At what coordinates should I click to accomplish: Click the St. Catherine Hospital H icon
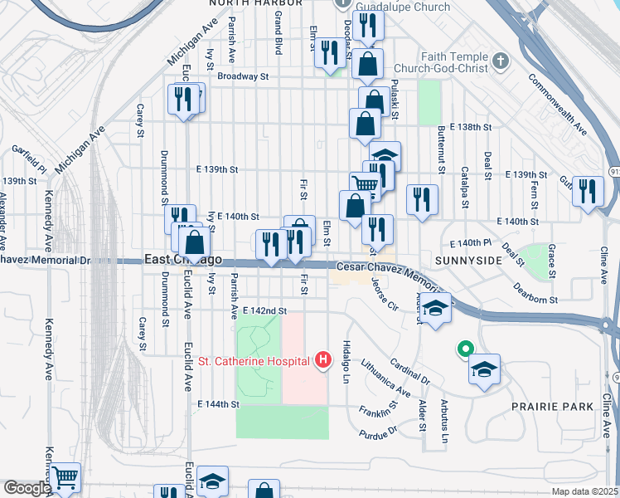(x=323, y=359)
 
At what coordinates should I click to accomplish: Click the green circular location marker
(x=465, y=349)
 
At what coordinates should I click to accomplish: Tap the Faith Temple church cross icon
(x=500, y=61)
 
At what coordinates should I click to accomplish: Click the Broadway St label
(x=244, y=76)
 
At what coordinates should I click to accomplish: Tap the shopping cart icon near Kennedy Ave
(x=65, y=477)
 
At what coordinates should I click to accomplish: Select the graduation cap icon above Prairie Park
(x=484, y=369)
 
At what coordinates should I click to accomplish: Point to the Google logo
(x=27, y=488)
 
